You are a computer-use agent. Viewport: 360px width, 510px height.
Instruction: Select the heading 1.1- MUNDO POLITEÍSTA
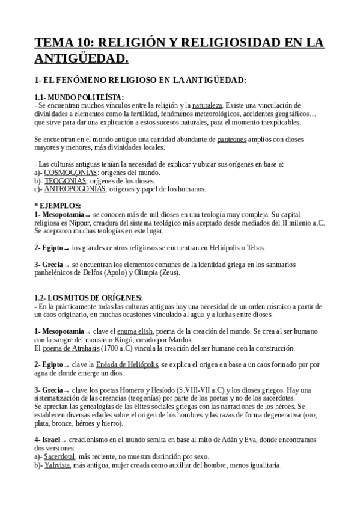point(79,97)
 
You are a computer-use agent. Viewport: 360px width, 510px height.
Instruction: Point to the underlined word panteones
point(231,140)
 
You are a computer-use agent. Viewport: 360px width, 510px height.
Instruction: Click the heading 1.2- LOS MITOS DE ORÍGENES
point(88,298)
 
